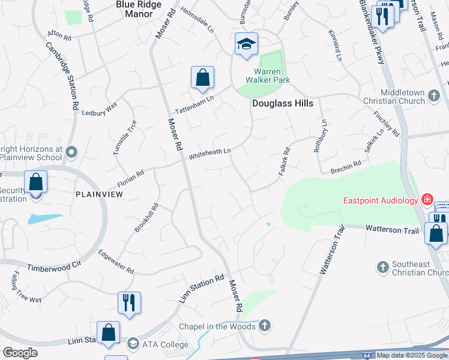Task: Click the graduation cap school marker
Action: pyautogui.click(x=246, y=44)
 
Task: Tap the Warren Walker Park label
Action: pyautogui.click(x=268, y=76)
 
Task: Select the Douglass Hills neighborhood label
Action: pyautogui.click(x=282, y=103)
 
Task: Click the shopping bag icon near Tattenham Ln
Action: pyautogui.click(x=203, y=77)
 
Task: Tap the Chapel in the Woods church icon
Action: pyautogui.click(x=265, y=326)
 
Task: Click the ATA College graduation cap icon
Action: pyautogui.click(x=132, y=344)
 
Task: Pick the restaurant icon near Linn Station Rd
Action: pyautogui.click(x=128, y=303)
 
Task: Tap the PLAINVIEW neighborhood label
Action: pyautogui.click(x=99, y=194)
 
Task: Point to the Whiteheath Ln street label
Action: pyautogui.click(x=210, y=154)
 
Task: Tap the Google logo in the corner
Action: pyautogui.click(x=20, y=353)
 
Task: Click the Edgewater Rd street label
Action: pyautogui.click(x=115, y=262)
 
